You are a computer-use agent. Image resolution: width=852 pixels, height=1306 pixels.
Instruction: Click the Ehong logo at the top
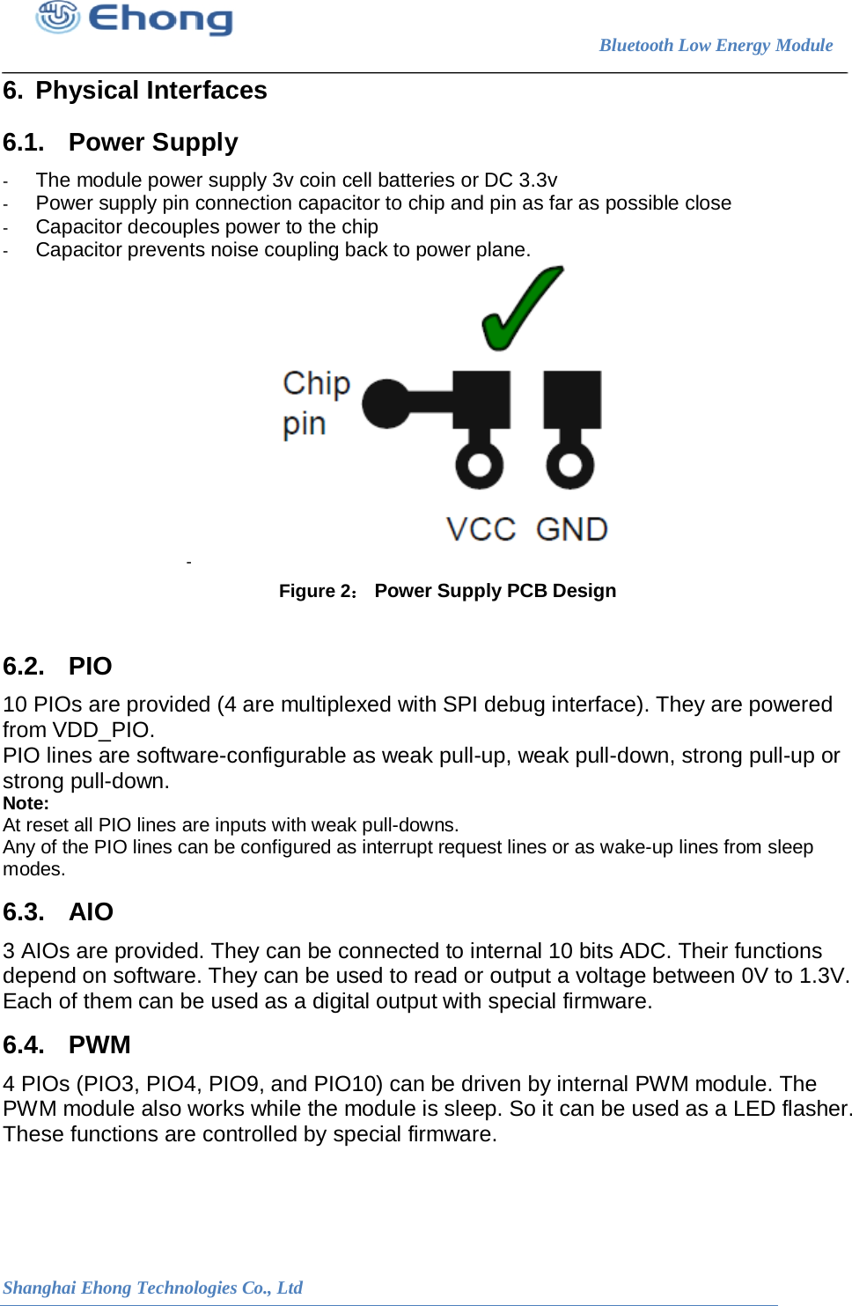[x=135, y=18]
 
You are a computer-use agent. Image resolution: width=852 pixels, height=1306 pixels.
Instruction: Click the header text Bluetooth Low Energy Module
[x=716, y=45]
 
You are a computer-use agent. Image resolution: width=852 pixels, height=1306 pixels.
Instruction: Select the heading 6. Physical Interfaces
[x=135, y=91]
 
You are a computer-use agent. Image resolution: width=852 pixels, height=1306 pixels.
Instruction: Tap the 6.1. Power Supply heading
[x=121, y=143]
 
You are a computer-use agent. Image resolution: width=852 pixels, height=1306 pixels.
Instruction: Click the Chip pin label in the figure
[x=316, y=403]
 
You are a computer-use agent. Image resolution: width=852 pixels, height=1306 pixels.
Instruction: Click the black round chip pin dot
[x=386, y=403]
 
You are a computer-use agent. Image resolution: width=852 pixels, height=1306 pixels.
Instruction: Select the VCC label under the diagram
[x=481, y=529]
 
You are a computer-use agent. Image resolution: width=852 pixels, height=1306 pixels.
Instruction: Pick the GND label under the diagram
[x=572, y=529]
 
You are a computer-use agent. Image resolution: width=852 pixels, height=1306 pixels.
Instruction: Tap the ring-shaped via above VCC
[x=480, y=464]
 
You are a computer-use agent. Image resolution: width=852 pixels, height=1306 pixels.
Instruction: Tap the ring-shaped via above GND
[x=570, y=464]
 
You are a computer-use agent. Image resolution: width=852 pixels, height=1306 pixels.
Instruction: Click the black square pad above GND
[x=572, y=398]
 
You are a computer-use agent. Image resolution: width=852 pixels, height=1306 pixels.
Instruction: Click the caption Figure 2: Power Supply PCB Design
[x=447, y=591]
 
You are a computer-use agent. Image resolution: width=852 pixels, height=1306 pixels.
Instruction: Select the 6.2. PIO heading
[x=58, y=667]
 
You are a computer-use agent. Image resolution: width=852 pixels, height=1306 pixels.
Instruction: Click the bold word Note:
[x=26, y=803]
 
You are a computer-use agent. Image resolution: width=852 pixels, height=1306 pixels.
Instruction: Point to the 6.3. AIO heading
[x=58, y=912]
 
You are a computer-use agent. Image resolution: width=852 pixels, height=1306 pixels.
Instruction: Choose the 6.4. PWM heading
[x=67, y=1045]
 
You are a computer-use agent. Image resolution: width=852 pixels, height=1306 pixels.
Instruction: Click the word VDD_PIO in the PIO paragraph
[x=102, y=730]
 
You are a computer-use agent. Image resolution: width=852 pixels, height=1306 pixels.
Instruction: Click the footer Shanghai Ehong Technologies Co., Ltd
[x=152, y=1288]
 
